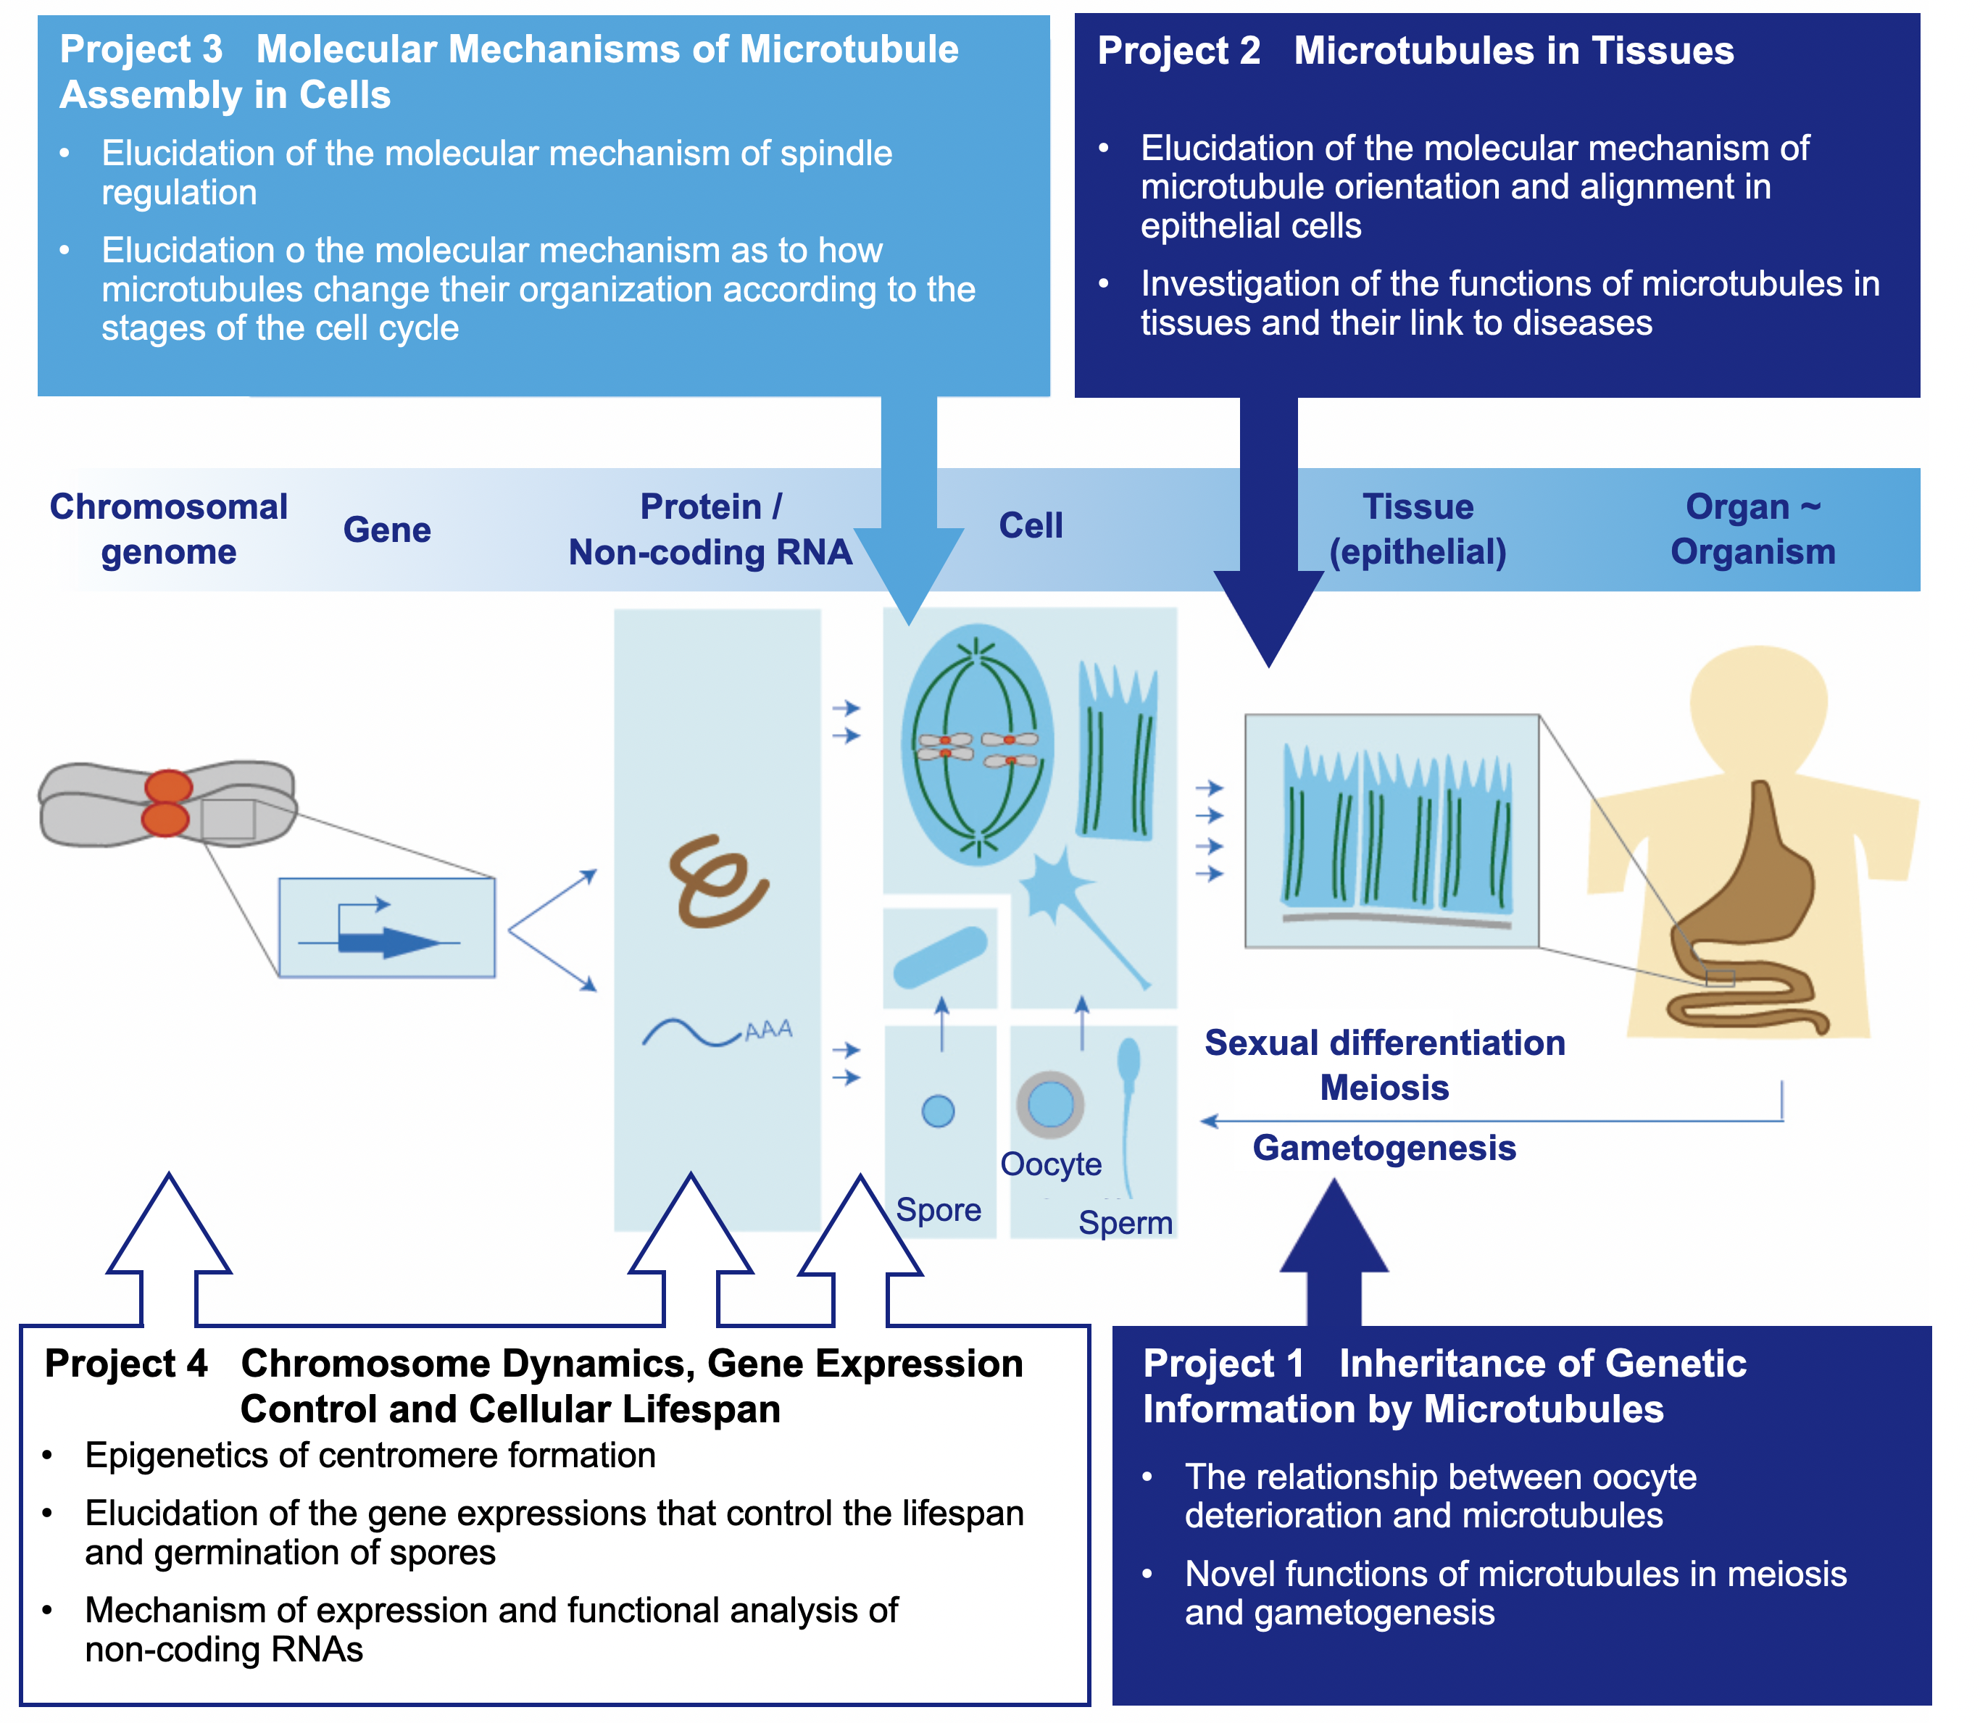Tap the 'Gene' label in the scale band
(386, 530)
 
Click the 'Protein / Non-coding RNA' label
(711, 530)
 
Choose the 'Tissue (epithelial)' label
(1418, 530)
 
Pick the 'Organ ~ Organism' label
(1752, 530)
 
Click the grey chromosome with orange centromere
(167, 804)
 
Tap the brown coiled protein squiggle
(717, 880)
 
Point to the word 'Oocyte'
(1050, 1164)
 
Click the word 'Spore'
(938, 1209)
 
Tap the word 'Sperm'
(1124, 1223)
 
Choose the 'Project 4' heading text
(126, 1364)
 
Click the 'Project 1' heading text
(1223, 1364)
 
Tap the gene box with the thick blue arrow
(386, 928)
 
